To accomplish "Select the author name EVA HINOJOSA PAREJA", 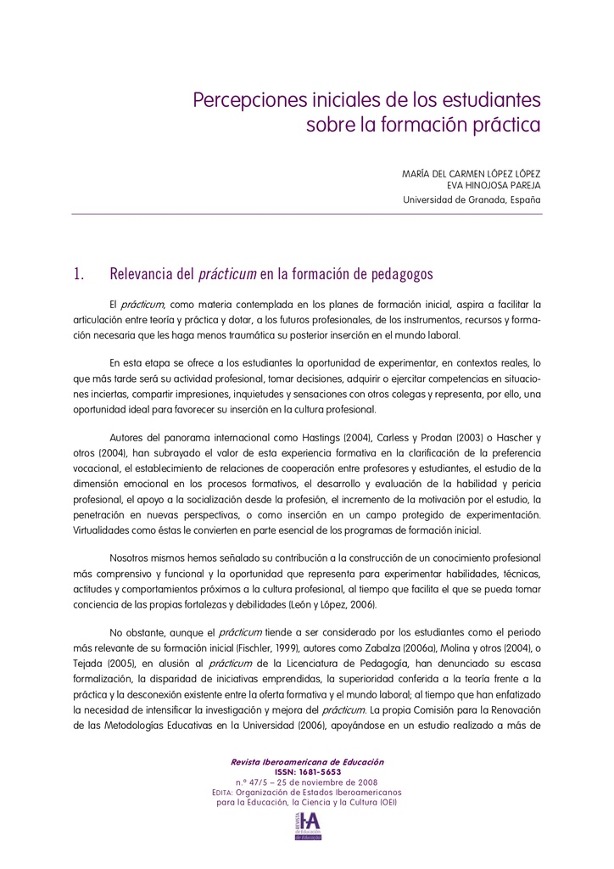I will click(494, 185).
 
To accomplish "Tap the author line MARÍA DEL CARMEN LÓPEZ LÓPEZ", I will click(471, 173).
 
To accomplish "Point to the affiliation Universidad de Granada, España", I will click(472, 200).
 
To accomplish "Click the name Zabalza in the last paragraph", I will click(466, 649).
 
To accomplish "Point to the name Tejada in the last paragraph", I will click(90, 664).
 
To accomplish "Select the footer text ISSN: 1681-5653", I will click(308, 771).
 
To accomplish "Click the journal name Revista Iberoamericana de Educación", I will click(308, 762).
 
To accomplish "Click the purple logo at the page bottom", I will click(308, 825).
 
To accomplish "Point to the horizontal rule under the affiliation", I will click(307, 215).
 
